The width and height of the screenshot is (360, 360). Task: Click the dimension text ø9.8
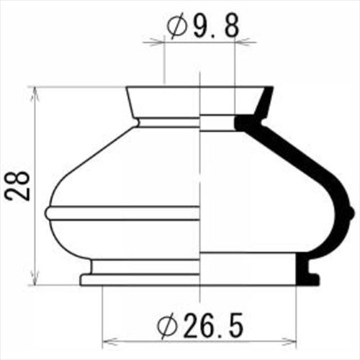click(x=203, y=25)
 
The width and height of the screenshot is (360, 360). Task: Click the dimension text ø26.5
click(x=200, y=326)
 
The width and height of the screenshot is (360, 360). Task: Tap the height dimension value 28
click(x=17, y=186)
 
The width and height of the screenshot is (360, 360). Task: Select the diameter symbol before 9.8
click(x=177, y=25)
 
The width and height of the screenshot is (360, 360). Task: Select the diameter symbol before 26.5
click(x=167, y=326)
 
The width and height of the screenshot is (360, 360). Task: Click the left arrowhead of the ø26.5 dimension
click(x=110, y=341)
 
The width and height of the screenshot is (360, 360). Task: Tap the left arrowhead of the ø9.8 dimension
click(x=157, y=42)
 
